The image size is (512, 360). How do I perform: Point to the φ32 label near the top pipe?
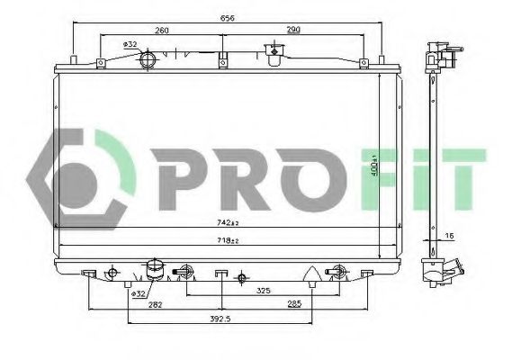pyautogui.click(x=130, y=45)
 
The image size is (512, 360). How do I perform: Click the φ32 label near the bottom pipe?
pyautogui.click(x=139, y=293)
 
